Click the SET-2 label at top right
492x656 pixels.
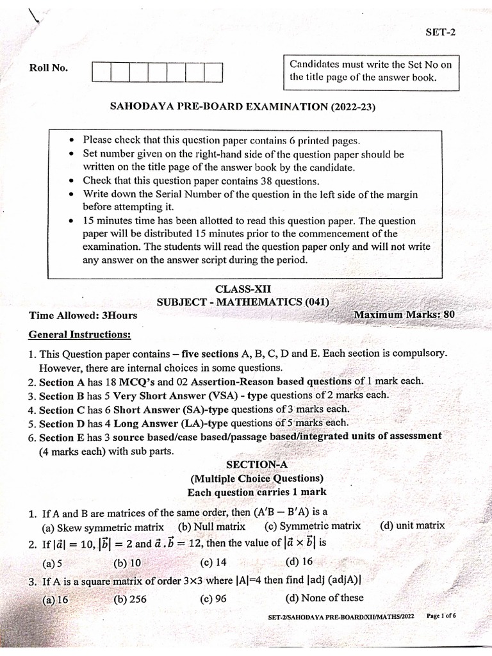click(440, 34)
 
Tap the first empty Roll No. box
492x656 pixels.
click(102, 72)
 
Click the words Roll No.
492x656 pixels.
click(49, 69)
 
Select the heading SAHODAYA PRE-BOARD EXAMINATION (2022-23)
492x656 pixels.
click(243, 107)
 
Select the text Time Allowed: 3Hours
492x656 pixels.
click(83, 315)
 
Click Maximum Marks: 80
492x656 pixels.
click(404, 315)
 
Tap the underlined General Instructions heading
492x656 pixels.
click(80, 334)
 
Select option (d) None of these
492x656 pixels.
click(324, 598)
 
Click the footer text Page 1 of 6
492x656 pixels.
click(441, 616)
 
